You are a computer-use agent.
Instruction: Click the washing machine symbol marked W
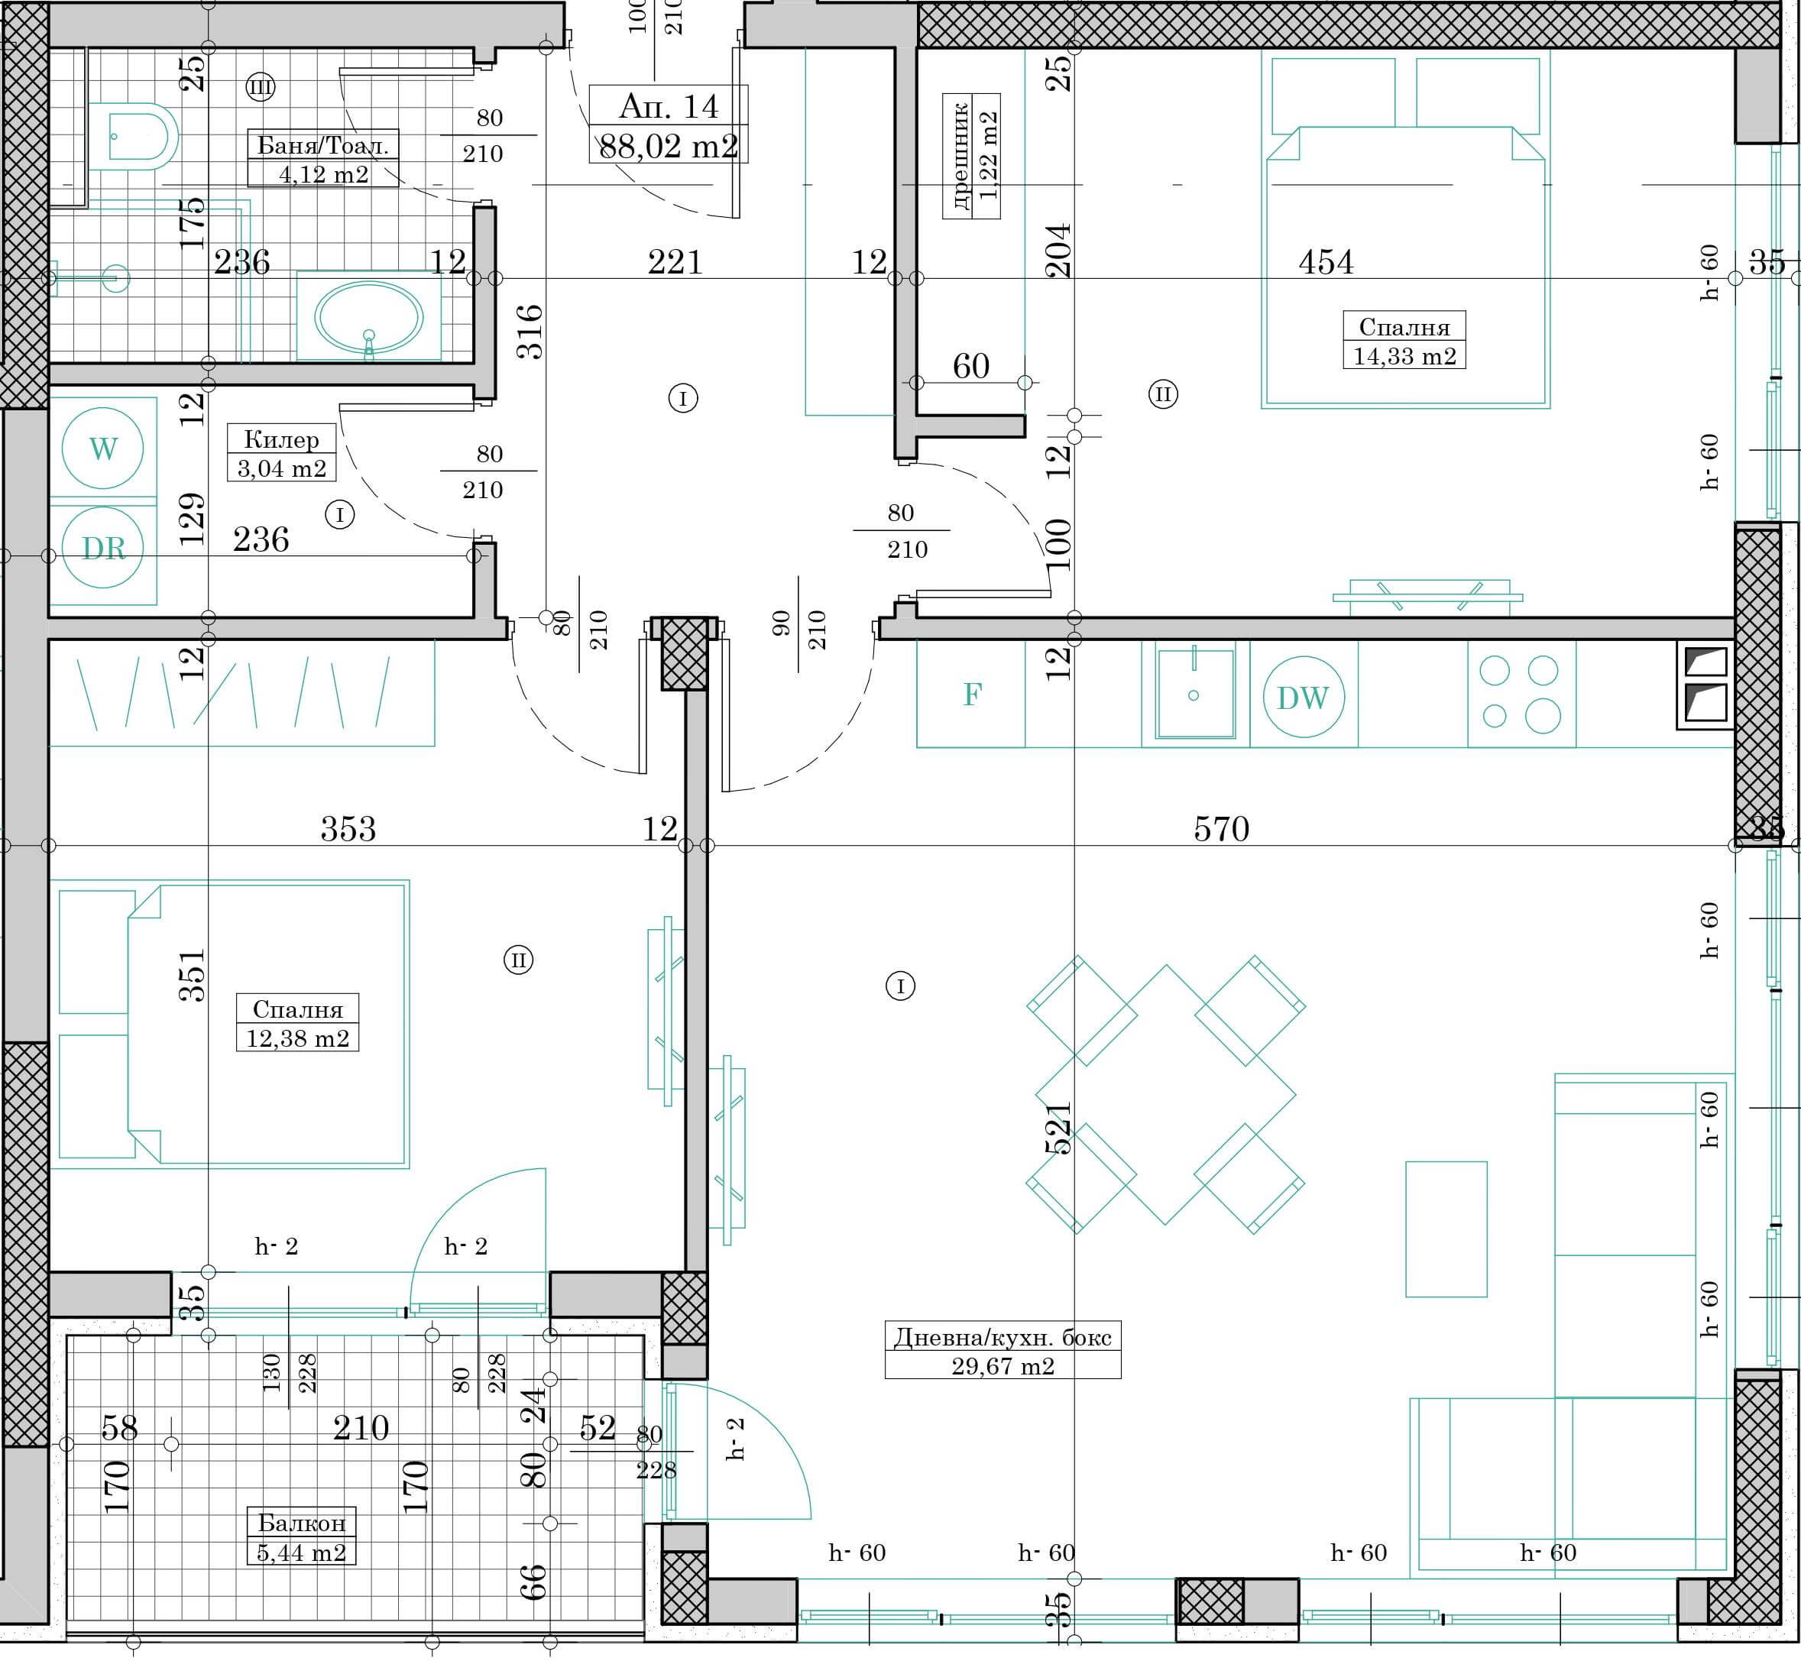pos(102,448)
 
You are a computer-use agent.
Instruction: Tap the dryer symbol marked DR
pos(102,547)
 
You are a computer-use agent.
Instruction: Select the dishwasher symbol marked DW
pos(1303,697)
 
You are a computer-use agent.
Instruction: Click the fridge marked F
pos(970,694)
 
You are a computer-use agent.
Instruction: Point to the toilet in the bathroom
pos(134,137)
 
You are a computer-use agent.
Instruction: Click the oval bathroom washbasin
pos(368,316)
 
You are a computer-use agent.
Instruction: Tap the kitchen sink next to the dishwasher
pos(1195,693)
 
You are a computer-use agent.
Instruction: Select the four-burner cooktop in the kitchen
pos(1521,694)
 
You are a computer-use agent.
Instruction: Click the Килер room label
pos(281,439)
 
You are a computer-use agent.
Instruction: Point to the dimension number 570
pos(1221,827)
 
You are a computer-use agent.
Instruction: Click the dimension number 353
pos(348,827)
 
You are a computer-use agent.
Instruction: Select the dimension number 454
pos(1326,261)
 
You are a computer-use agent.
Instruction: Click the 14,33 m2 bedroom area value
pos(1404,356)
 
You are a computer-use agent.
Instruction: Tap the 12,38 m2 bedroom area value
pos(297,1038)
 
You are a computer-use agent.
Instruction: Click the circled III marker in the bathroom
pos(260,87)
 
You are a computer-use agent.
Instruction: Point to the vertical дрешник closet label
pos(960,157)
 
